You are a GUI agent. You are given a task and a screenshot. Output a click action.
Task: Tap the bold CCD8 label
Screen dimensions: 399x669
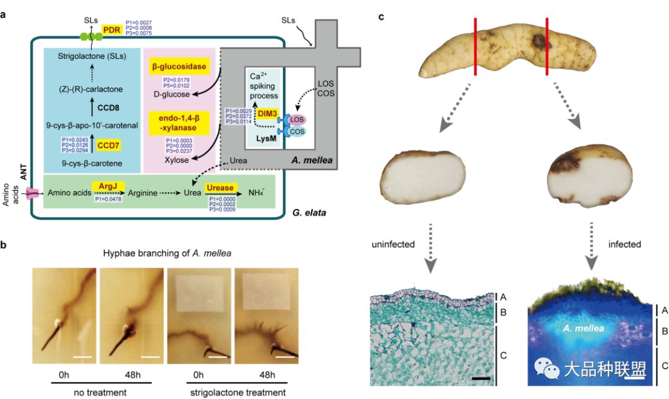[x=107, y=106]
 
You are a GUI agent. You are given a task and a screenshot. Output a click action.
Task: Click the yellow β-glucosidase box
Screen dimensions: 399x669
[x=178, y=67]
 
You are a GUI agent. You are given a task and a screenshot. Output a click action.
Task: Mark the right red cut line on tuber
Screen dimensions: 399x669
[x=546, y=47]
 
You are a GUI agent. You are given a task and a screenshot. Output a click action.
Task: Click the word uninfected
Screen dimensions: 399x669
[x=394, y=244]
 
